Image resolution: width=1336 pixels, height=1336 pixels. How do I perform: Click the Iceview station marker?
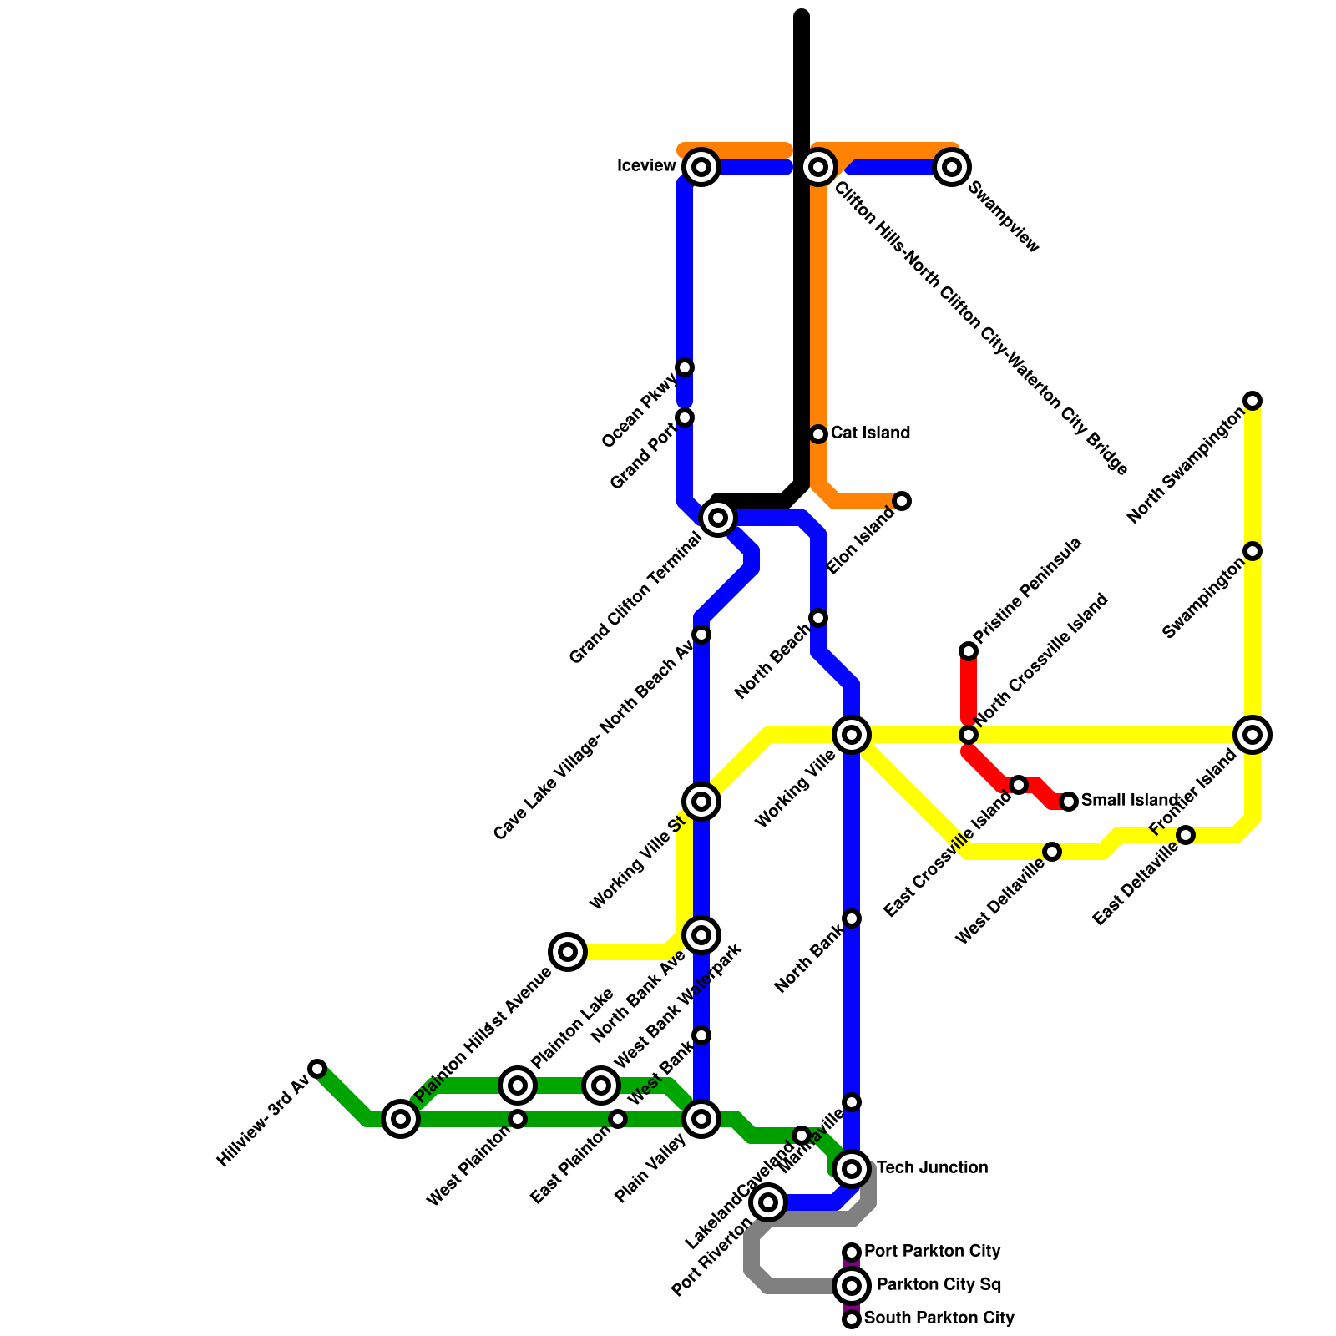(701, 167)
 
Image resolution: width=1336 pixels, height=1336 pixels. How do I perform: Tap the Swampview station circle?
(952, 167)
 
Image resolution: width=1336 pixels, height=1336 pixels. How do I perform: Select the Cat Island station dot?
(818, 434)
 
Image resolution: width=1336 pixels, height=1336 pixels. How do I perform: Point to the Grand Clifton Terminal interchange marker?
(718, 518)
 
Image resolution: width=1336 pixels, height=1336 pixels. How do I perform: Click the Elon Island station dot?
(902, 501)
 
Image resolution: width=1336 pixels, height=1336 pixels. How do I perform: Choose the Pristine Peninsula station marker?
(969, 651)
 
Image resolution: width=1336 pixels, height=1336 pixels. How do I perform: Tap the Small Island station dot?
(1069, 802)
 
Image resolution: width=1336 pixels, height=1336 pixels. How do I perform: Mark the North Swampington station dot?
(1252, 401)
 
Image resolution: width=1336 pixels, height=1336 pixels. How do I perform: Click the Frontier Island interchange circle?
(1252, 735)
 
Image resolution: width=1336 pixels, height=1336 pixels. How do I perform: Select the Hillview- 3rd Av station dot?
(317, 1069)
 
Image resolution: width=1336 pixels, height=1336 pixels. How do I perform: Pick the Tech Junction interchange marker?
(852, 1169)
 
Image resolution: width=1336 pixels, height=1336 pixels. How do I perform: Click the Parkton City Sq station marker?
(852, 1286)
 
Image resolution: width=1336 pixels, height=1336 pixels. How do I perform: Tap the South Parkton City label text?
(939, 1318)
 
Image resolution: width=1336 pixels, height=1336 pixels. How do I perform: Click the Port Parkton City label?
(932, 1252)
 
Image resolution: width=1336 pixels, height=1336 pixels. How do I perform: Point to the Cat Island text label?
(870, 433)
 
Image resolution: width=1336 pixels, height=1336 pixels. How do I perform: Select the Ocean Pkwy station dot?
(685, 367)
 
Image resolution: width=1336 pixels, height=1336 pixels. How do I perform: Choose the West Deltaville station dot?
(1052, 852)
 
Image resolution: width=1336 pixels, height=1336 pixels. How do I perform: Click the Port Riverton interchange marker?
(768, 1202)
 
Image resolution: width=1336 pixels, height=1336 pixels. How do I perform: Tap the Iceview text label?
(646, 166)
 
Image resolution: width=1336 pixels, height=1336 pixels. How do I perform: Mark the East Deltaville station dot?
(1186, 835)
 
